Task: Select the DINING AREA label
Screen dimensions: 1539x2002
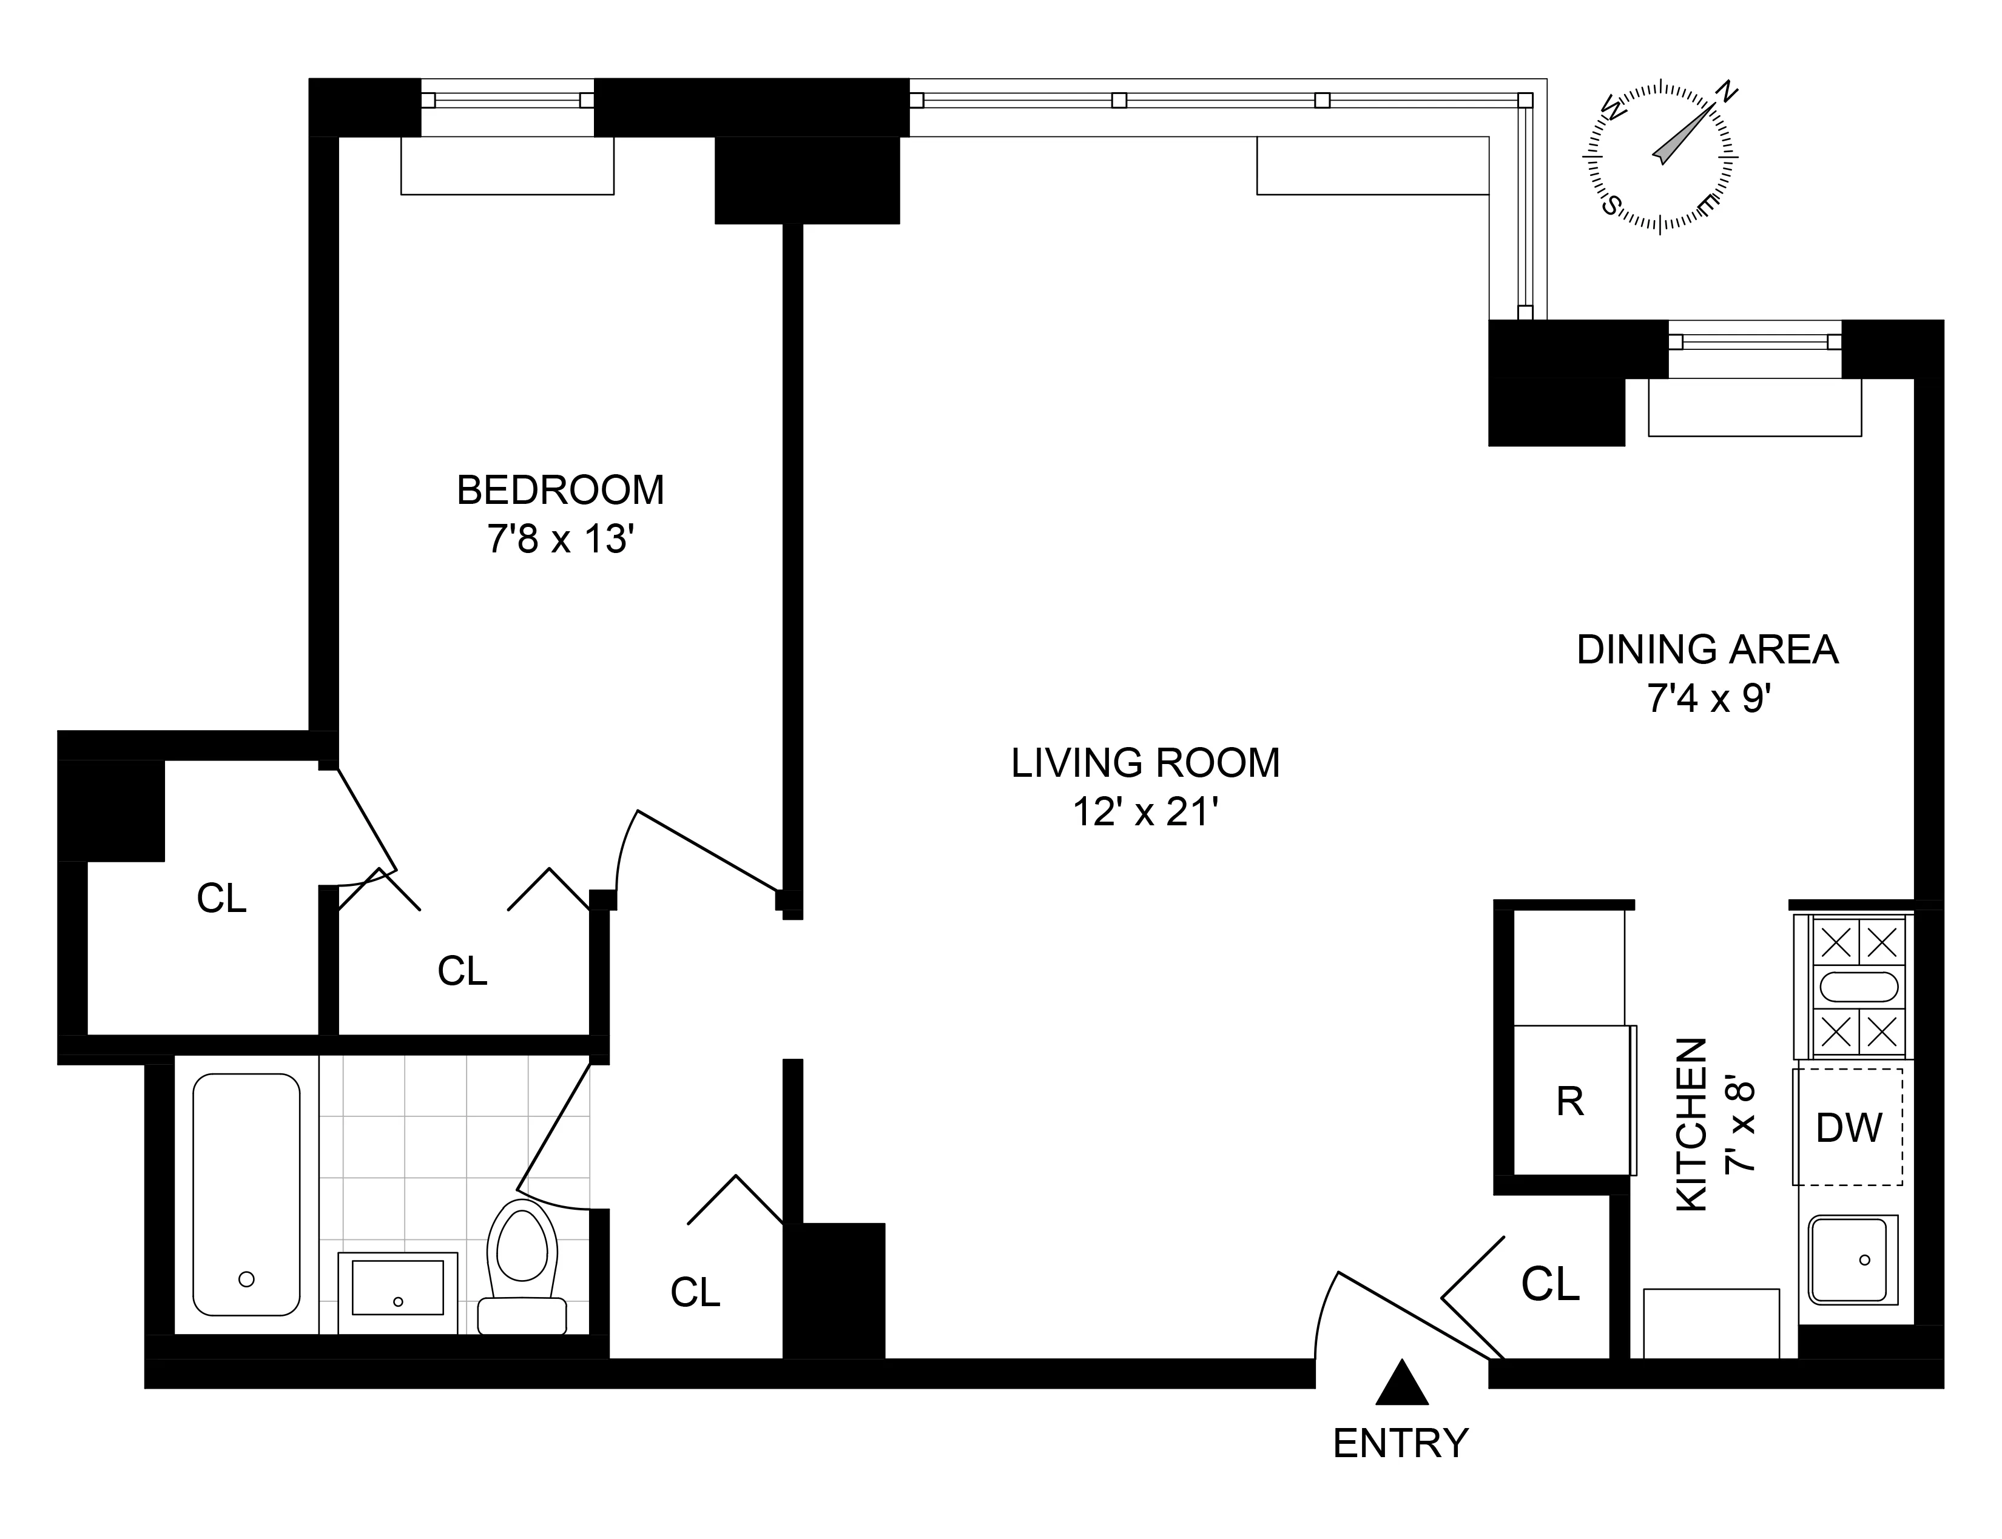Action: pos(1707,649)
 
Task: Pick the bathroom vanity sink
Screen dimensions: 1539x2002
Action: pos(397,1287)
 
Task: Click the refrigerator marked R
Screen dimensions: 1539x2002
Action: pos(1569,1102)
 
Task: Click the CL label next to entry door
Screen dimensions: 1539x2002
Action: pos(1550,1284)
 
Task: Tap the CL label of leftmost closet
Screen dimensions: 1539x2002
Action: pos(221,899)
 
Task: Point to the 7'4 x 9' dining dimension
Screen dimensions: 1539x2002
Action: pos(1707,699)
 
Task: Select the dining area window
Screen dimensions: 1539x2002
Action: pos(1754,341)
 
